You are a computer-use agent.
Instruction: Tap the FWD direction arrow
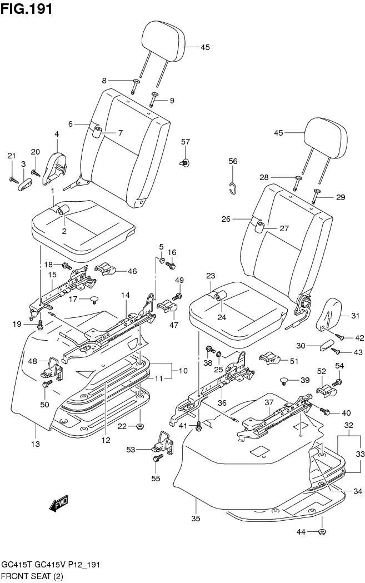click(x=58, y=504)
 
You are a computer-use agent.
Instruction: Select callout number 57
click(x=185, y=142)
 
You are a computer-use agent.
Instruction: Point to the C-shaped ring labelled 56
click(x=234, y=188)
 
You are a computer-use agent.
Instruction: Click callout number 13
click(x=35, y=444)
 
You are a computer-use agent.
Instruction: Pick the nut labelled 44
click(x=322, y=532)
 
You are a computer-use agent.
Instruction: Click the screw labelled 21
click(x=13, y=178)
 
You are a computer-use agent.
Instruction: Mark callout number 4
click(x=57, y=134)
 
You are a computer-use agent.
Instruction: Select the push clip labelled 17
click(x=93, y=300)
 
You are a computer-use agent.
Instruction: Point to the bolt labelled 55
click(x=157, y=459)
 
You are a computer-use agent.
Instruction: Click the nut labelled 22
click(x=139, y=427)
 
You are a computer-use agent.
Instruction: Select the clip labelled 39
click(x=286, y=381)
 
